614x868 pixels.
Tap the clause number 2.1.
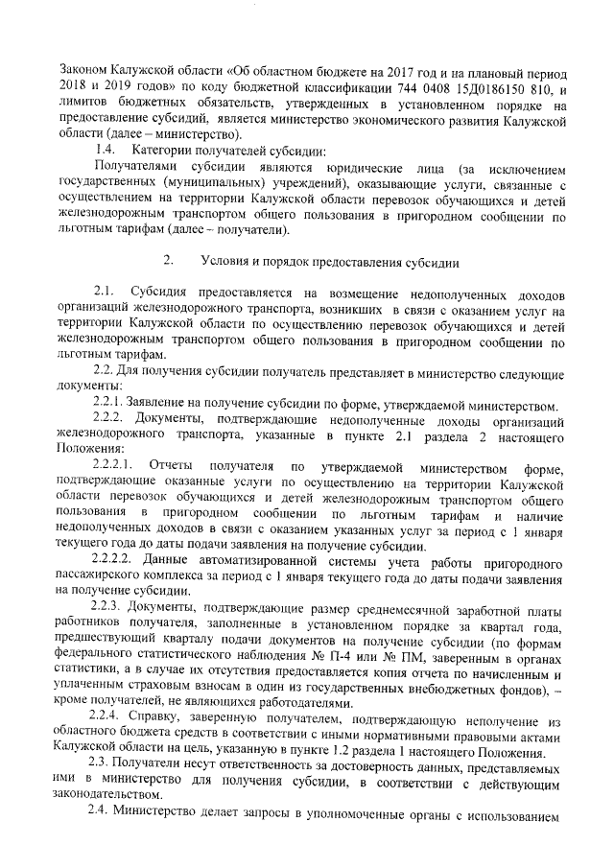click(106, 291)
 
